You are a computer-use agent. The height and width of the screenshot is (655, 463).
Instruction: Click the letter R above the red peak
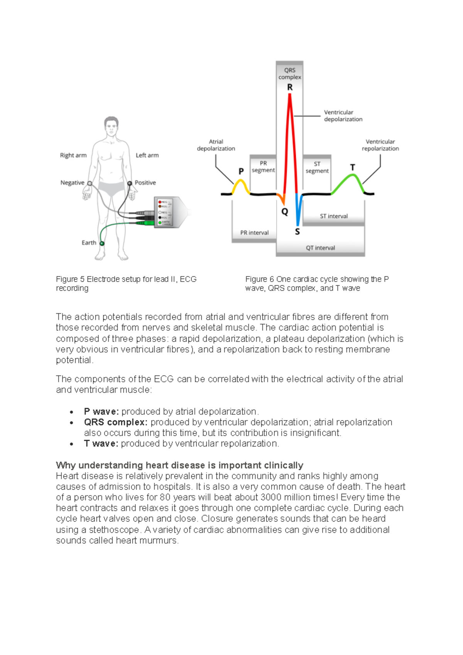pyautogui.click(x=290, y=87)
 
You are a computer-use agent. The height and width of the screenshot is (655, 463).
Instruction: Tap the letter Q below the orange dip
pyautogui.click(x=285, y=212)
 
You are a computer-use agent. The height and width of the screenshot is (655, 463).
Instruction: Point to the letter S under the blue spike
pyautogui.click(x=297, y=231)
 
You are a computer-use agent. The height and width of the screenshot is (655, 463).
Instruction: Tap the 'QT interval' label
pyautogui.click(x=320, y=248)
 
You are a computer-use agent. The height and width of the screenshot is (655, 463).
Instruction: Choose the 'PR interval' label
pyautogui.click(x=254, y=233)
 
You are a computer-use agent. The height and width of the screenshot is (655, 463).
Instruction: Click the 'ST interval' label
pyautogui.click(x=334, y=216)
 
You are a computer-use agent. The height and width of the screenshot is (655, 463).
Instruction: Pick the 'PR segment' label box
pyautogui.click(x=263, y=167)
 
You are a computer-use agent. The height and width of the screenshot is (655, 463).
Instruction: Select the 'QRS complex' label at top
pyautogui.click(x=290, y=74)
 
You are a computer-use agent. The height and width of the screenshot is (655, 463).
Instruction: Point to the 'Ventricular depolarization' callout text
pyautogui.click(x=343, y=116)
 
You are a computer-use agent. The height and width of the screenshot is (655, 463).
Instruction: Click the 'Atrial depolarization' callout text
pyautogui.click(x=216, y=145)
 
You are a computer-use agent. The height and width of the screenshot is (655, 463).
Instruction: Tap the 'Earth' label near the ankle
pyautogui.click(x=89, y=243)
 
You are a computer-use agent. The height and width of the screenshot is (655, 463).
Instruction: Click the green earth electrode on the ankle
pyautogui.click(x=102, y=243)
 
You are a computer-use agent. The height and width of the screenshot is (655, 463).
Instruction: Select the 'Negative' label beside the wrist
pyautogui.click(x=72, y=183)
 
